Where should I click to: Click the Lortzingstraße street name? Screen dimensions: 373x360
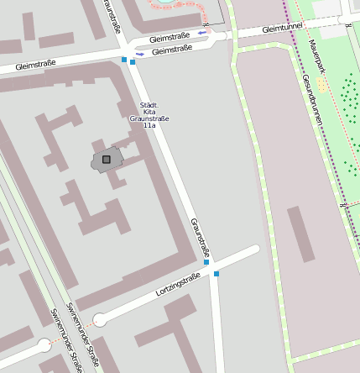click(x=178, y=285)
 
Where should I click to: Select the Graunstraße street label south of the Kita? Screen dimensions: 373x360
click(x=200, y=237)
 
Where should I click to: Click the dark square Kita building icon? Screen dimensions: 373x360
click(x=106, y=160)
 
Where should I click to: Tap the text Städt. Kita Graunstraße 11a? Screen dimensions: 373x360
click(x=149, y=115)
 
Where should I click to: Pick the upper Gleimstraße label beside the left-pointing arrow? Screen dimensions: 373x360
click(x=170, y=38)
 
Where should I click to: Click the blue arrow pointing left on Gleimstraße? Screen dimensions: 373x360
click(x=201, y=33)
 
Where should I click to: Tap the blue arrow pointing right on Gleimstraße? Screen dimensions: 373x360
click(x=139, y=55)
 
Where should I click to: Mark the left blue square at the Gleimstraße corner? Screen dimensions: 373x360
click(x=124, y=60)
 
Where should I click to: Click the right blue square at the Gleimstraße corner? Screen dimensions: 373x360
click(x=133, y=61)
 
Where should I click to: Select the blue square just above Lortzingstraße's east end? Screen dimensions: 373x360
click(x=206, y=262)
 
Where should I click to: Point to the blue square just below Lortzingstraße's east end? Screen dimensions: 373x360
click(x=217, y=274)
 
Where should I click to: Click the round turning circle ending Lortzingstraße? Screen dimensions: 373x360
click(x=100, y=319)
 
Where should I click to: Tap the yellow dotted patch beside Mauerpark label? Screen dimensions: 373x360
click(x=323, y=86)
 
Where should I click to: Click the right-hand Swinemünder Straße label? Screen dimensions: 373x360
click(x=83, y=336)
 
